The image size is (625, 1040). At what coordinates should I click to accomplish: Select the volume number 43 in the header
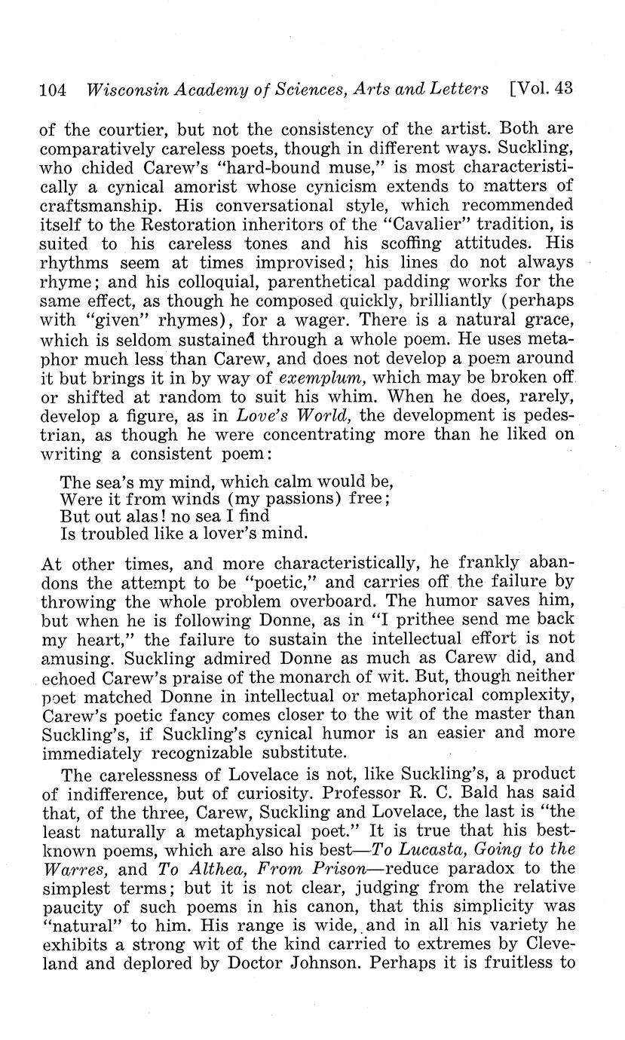click(562, 88)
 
